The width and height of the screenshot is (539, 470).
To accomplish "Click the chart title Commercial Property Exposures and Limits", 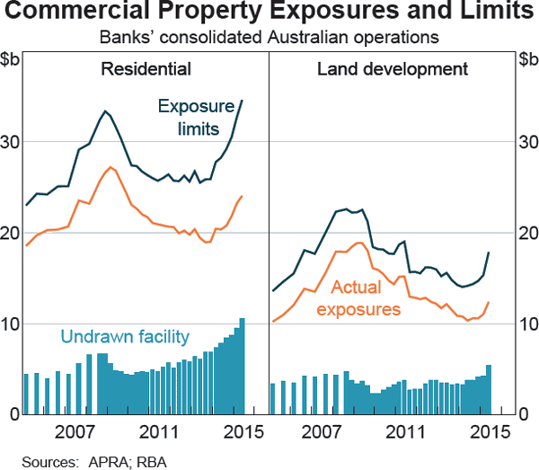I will pyautogui.click(x=269, y=15).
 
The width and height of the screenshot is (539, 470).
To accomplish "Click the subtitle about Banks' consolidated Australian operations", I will pyautogui.click(x=269, y=38).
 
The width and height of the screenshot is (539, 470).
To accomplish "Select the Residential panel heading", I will pyautogui.click(x=146, y=69).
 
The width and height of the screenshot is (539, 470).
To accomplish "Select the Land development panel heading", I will pyautogui.click(x=393, y=69).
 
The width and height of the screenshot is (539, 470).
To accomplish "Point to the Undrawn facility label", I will pyautogui.click(x=125, y=338).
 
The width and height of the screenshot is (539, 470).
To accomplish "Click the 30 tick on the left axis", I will pyautogui.click(x=11, y=142).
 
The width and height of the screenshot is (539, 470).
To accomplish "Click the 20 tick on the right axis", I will pyautogui.click(x=528, y=233).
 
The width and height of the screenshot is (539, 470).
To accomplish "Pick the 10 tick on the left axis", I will pyautogui.click(x=11, y=324).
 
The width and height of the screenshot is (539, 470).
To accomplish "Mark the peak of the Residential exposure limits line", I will pyautogui.click(x=105, y=111).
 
